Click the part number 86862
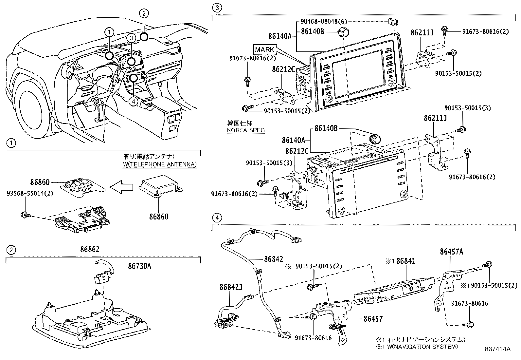pyautogui.click(x=90, y=249)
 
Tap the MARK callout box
pyautogui.click(x=265, y=50)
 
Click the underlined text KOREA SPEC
pyautogui.click(x=246, y=130)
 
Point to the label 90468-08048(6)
pyautogui.click(x=323, y=21)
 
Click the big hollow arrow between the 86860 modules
pyautogui.click(x=122, y=187)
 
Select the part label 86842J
pyautogui.click(x=231, y=287)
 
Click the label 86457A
pyautogui.click(x=452, y=252)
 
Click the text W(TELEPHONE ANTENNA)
pyautogui.click(x=160, y=164)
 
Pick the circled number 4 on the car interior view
pyautogui.click(x=133, y=102)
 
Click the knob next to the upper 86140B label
pyautogui.click(x=343, y=32)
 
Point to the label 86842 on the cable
pyautogui.click(x=274, y=259)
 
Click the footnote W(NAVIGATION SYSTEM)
pyautogui.click(x=421, y=347)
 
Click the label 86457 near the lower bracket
pyautogui.click(x=373, y=318)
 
